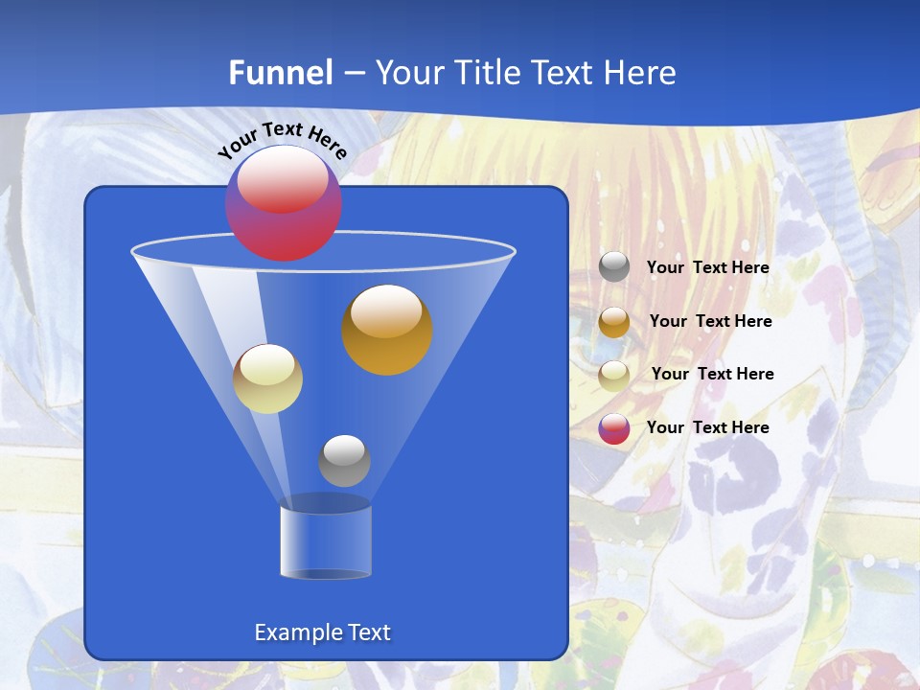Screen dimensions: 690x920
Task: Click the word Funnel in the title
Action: [281, 73]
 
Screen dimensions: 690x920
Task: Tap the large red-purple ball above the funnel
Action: [284, 203]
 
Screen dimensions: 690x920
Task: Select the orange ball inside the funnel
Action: [387, 330]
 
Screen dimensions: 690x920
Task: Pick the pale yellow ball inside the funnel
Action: [267, 379]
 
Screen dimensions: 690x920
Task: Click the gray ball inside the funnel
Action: [344, 461]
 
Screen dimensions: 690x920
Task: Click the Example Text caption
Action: [322, 632]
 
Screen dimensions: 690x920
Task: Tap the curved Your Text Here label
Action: [283, 139]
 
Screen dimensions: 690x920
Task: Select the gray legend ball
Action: [614, 266]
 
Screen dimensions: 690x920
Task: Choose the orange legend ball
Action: [614, 322]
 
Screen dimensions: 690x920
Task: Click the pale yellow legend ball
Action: [614, 375]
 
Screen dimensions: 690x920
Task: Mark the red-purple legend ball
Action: [614, 428]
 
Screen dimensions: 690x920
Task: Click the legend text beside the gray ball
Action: [707, 267]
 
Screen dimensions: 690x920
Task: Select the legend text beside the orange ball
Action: [710, 321]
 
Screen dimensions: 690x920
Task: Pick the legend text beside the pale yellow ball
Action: [712, 374]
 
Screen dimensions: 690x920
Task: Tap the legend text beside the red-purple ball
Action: [707, 427]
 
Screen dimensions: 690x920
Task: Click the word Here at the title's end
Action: [639, 73]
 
